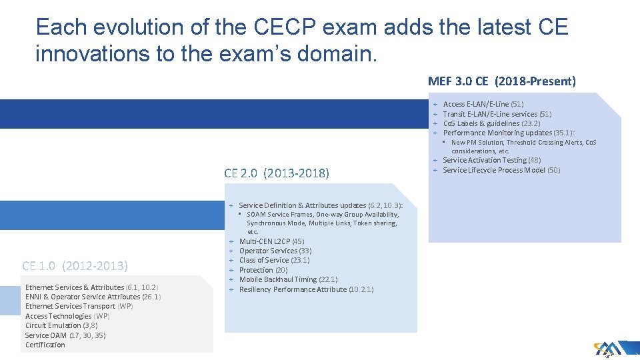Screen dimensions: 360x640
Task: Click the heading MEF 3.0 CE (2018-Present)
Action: click(x=501, y=81)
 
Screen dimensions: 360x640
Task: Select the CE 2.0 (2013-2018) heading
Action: click(x=277, y=173)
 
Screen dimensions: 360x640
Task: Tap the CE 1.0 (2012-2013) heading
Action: click(x=75, y=265)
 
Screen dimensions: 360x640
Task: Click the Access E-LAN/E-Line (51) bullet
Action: click(x=483, y=104)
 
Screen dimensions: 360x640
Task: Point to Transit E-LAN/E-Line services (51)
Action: click(x=497, y=114)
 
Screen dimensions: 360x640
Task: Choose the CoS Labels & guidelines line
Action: click(x=491, y=123)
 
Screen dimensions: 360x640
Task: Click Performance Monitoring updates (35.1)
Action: click(x=509, y=133)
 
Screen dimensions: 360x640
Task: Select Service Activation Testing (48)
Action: click(x=491, y=160)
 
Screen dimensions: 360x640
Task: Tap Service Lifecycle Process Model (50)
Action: click(x=501, y=170)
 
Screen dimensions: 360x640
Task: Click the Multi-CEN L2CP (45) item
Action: click(x=271, y=241)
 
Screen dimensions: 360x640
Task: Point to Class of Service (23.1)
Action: click(x=274, y=260)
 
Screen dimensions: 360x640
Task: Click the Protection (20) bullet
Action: click(x=263, y=270)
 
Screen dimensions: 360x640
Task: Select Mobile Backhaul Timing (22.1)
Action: click(x=288, y=279)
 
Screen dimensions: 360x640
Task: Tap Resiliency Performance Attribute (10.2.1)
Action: click(x=306, y=289)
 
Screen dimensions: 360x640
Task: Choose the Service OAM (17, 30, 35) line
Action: click(x=65, y=335)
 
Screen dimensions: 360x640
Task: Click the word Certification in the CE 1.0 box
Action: click(x=45, y=345)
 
